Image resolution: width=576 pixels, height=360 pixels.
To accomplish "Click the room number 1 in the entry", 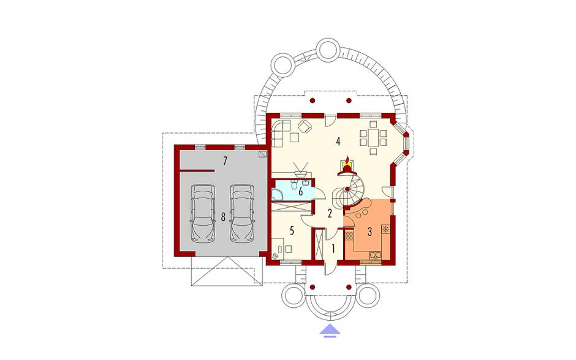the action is point(333,249).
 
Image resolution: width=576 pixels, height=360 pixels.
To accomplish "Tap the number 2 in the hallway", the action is point(330,213).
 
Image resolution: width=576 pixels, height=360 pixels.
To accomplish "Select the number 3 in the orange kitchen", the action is point(370,232).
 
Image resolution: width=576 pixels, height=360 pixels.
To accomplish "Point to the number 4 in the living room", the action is point(338,141).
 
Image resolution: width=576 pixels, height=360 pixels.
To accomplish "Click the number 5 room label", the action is point(292,231).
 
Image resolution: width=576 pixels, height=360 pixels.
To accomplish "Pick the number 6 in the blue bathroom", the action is point(301,191).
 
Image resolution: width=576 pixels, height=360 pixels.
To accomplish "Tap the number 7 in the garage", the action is point(225,161).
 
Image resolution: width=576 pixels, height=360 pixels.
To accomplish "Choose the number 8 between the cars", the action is point(223,217).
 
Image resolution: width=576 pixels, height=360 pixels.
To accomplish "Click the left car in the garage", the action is point(202,213).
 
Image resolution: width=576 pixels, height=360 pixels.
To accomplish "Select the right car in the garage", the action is point(242,213).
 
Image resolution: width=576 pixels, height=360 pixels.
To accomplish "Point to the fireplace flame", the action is point(347,161).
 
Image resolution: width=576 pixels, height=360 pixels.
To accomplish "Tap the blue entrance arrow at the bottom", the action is point(330,330).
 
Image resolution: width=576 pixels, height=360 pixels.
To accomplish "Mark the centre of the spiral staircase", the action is point(347,189).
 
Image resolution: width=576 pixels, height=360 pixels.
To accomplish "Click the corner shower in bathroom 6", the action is point(276,194).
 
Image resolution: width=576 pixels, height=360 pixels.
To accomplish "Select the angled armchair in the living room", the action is point(305,126).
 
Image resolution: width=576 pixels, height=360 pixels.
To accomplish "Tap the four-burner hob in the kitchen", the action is point(349,236).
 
